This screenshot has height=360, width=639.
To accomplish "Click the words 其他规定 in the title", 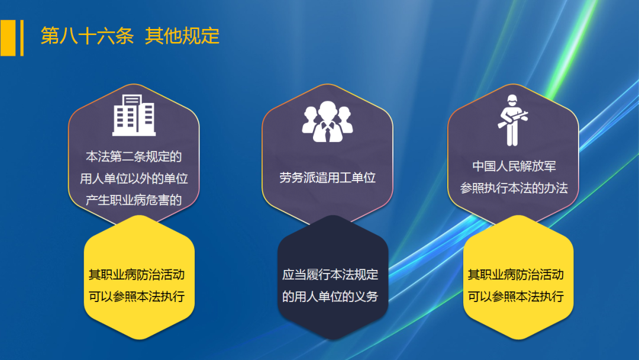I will [x=182, y=36].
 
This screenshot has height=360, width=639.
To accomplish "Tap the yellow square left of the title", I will [x=8, y=38].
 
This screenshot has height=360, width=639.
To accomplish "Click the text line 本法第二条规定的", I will [x=134, y=157].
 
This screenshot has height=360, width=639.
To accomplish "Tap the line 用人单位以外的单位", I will [x=134, y=178].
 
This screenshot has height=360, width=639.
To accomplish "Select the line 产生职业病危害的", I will [x=134, y=199].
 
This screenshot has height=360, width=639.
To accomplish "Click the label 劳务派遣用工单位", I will [x=327, y=178].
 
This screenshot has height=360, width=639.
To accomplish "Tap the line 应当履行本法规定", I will [x=330, y=275].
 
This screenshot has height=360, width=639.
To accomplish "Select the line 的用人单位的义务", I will [x=330, y=296].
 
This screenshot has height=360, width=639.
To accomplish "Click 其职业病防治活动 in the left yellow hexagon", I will [x=137, y=275].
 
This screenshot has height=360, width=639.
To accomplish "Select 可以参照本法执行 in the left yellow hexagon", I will [x=137, y=296].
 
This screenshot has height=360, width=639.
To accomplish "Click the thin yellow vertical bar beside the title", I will [x=22, y=38].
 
